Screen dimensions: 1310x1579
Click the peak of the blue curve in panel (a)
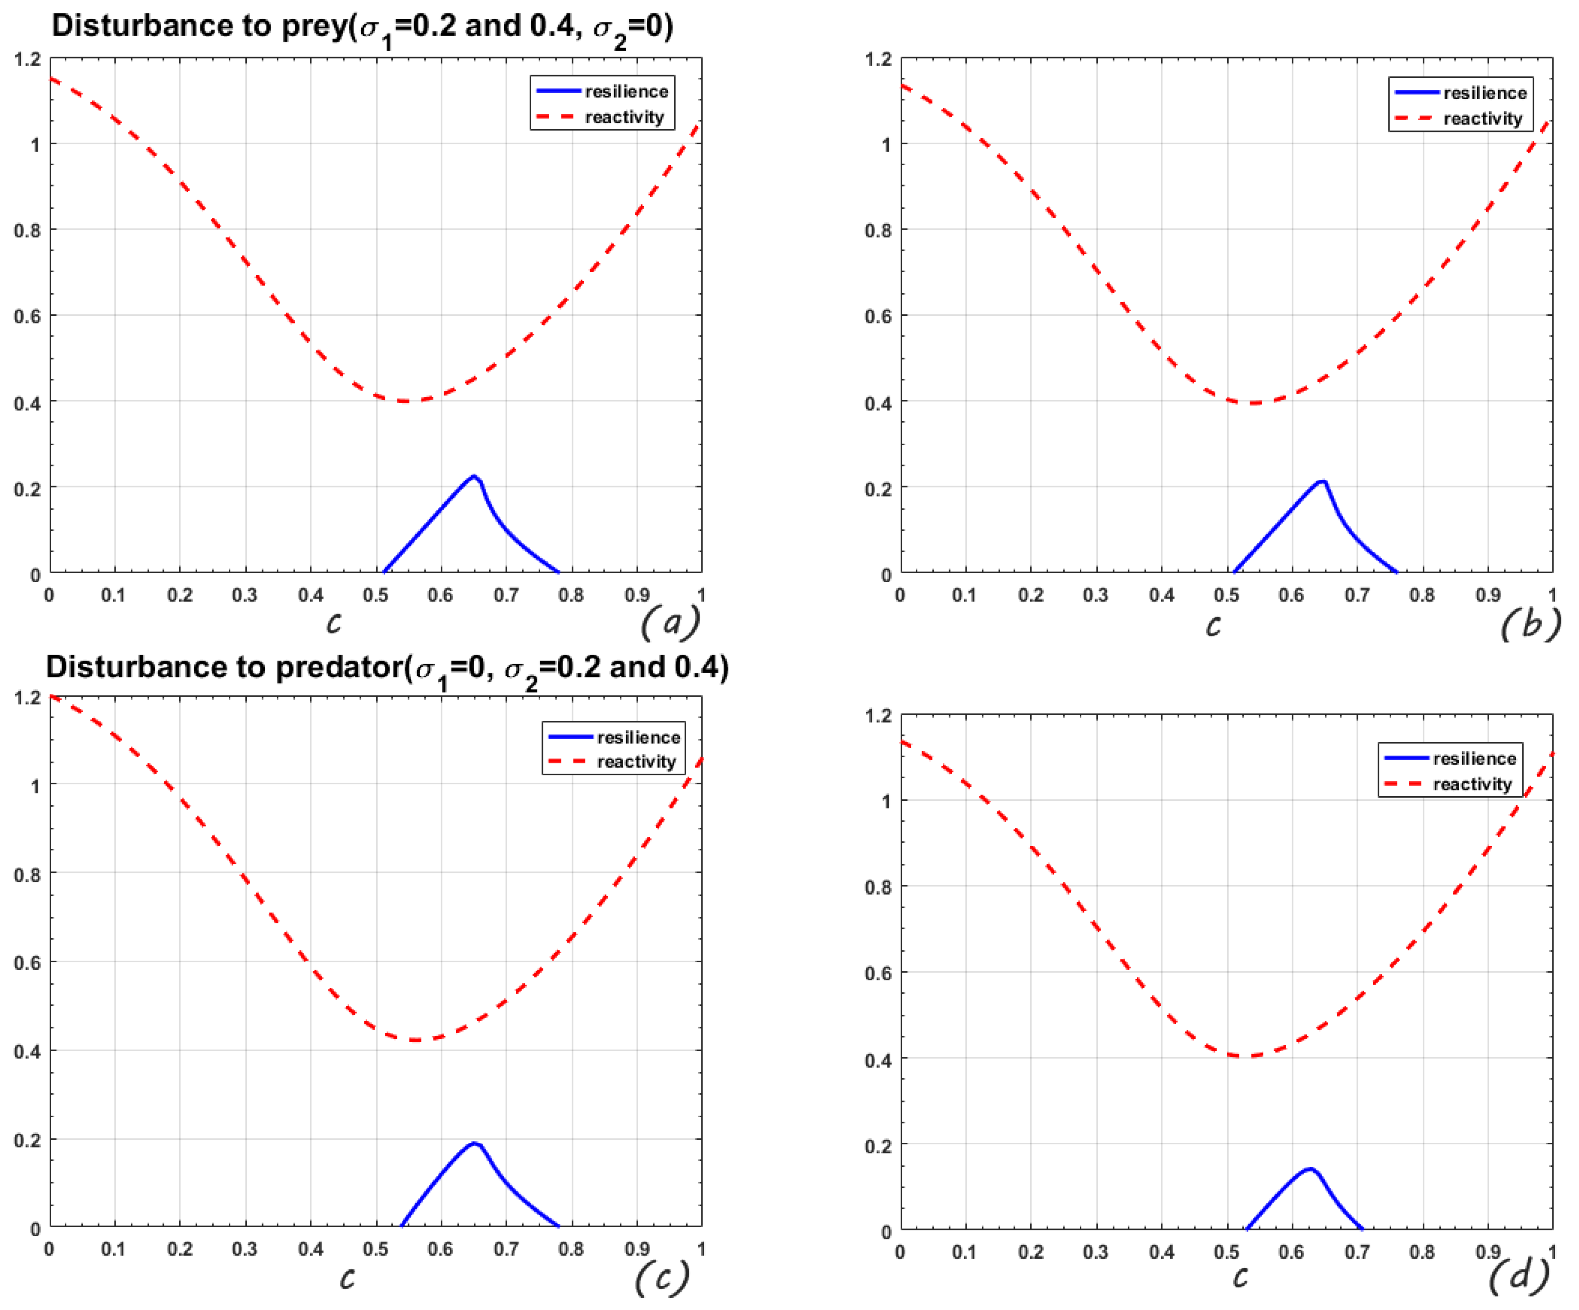click(474, 476)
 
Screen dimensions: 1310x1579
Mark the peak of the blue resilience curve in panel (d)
click(1310, 1169)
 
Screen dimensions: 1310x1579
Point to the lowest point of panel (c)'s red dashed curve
click(416, 1040)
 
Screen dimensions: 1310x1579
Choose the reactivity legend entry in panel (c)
click(636, 762)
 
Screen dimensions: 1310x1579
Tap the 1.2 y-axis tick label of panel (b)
click(878, 59)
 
